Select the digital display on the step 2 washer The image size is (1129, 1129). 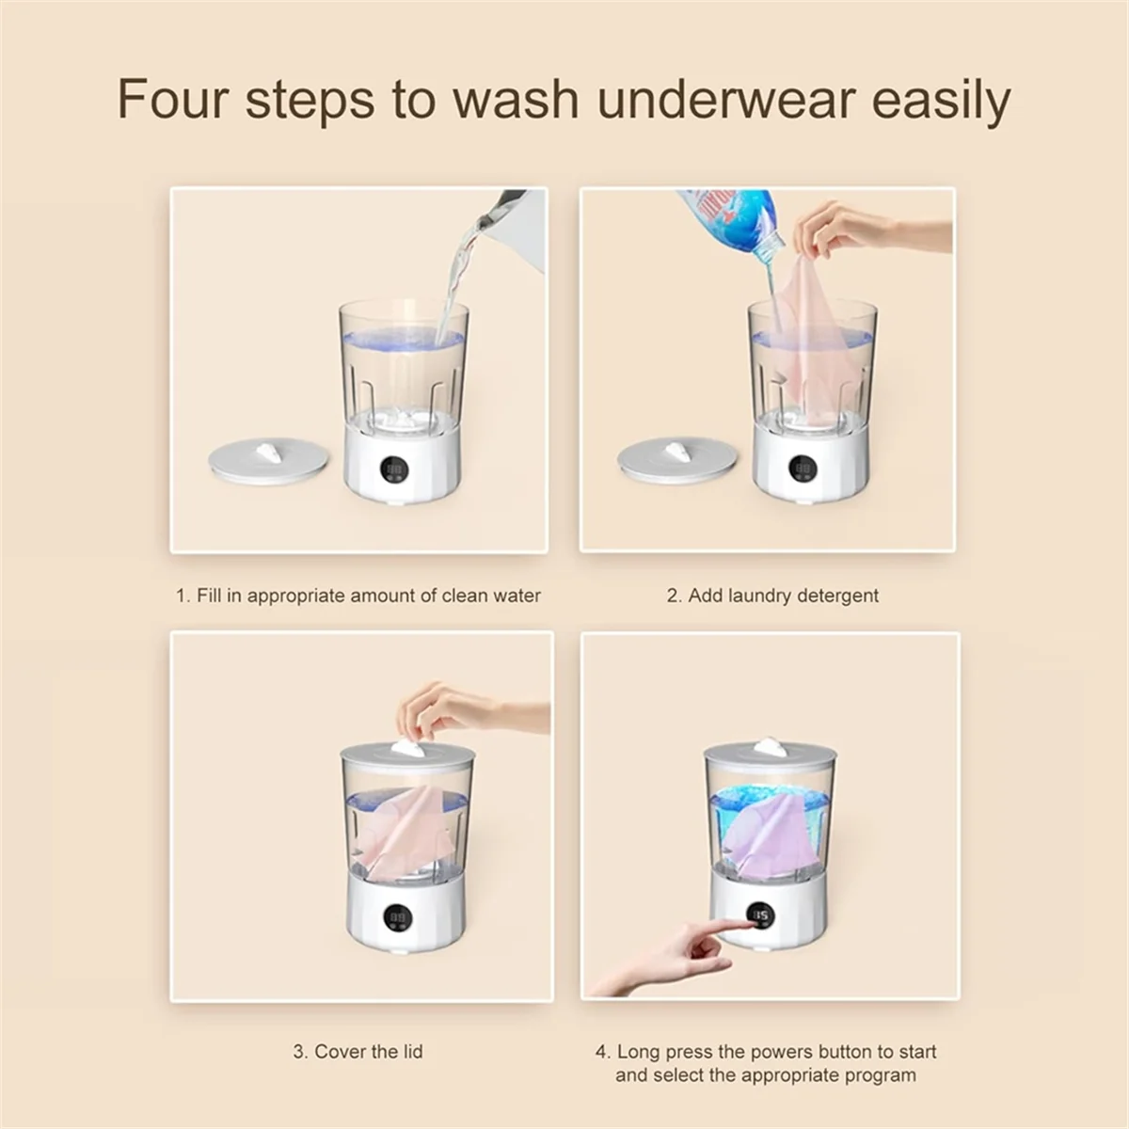pyautogui.click(x=804, y=469)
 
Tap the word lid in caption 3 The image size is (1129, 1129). pyautogui.click(x=410, y=1051)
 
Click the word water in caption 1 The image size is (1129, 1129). pyautogui.click(x=517, y=596)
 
